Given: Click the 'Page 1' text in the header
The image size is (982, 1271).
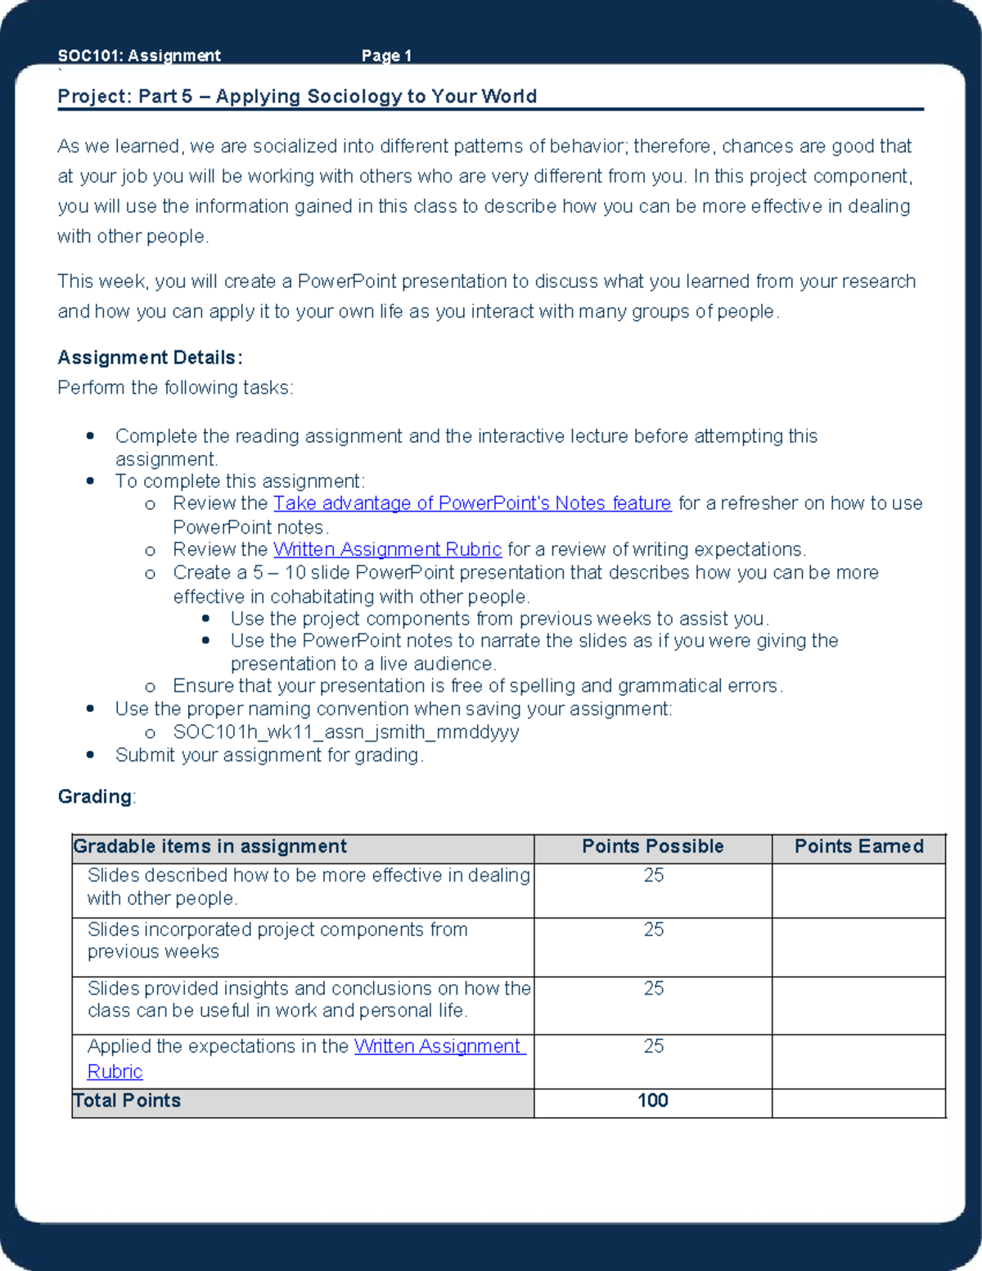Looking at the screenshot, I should (386, 56).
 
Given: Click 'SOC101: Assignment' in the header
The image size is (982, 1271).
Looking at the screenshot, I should (139, 56).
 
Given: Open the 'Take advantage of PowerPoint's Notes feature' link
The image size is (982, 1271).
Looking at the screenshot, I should (471, 503).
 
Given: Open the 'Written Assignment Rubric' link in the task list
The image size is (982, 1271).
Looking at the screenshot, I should (387, 549).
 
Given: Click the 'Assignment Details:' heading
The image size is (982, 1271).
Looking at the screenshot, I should (150, 358).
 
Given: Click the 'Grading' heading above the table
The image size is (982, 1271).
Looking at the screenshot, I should (95, 796).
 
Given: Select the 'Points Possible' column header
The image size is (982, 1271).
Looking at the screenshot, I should (652, 846).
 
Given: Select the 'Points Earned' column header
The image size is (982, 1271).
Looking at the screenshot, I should (858, 846).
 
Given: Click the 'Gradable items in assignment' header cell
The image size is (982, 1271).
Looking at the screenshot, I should (210, 846).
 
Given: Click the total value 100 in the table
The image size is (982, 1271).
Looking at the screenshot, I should (652, 1101).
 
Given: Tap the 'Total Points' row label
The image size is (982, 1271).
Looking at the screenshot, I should (128, 1101).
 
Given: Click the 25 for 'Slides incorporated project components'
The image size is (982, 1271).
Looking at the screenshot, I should (653, 930).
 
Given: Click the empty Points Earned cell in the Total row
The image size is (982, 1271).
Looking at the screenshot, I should (858, 1102).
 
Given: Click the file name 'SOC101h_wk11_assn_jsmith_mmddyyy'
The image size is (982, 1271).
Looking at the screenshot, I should (345, 732).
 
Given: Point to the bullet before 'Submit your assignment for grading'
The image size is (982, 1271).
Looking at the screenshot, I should (90, 755).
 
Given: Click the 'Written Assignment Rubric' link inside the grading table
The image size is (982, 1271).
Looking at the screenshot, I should (438, 1047).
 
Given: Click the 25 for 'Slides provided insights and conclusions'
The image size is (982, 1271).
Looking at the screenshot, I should (653, 989).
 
